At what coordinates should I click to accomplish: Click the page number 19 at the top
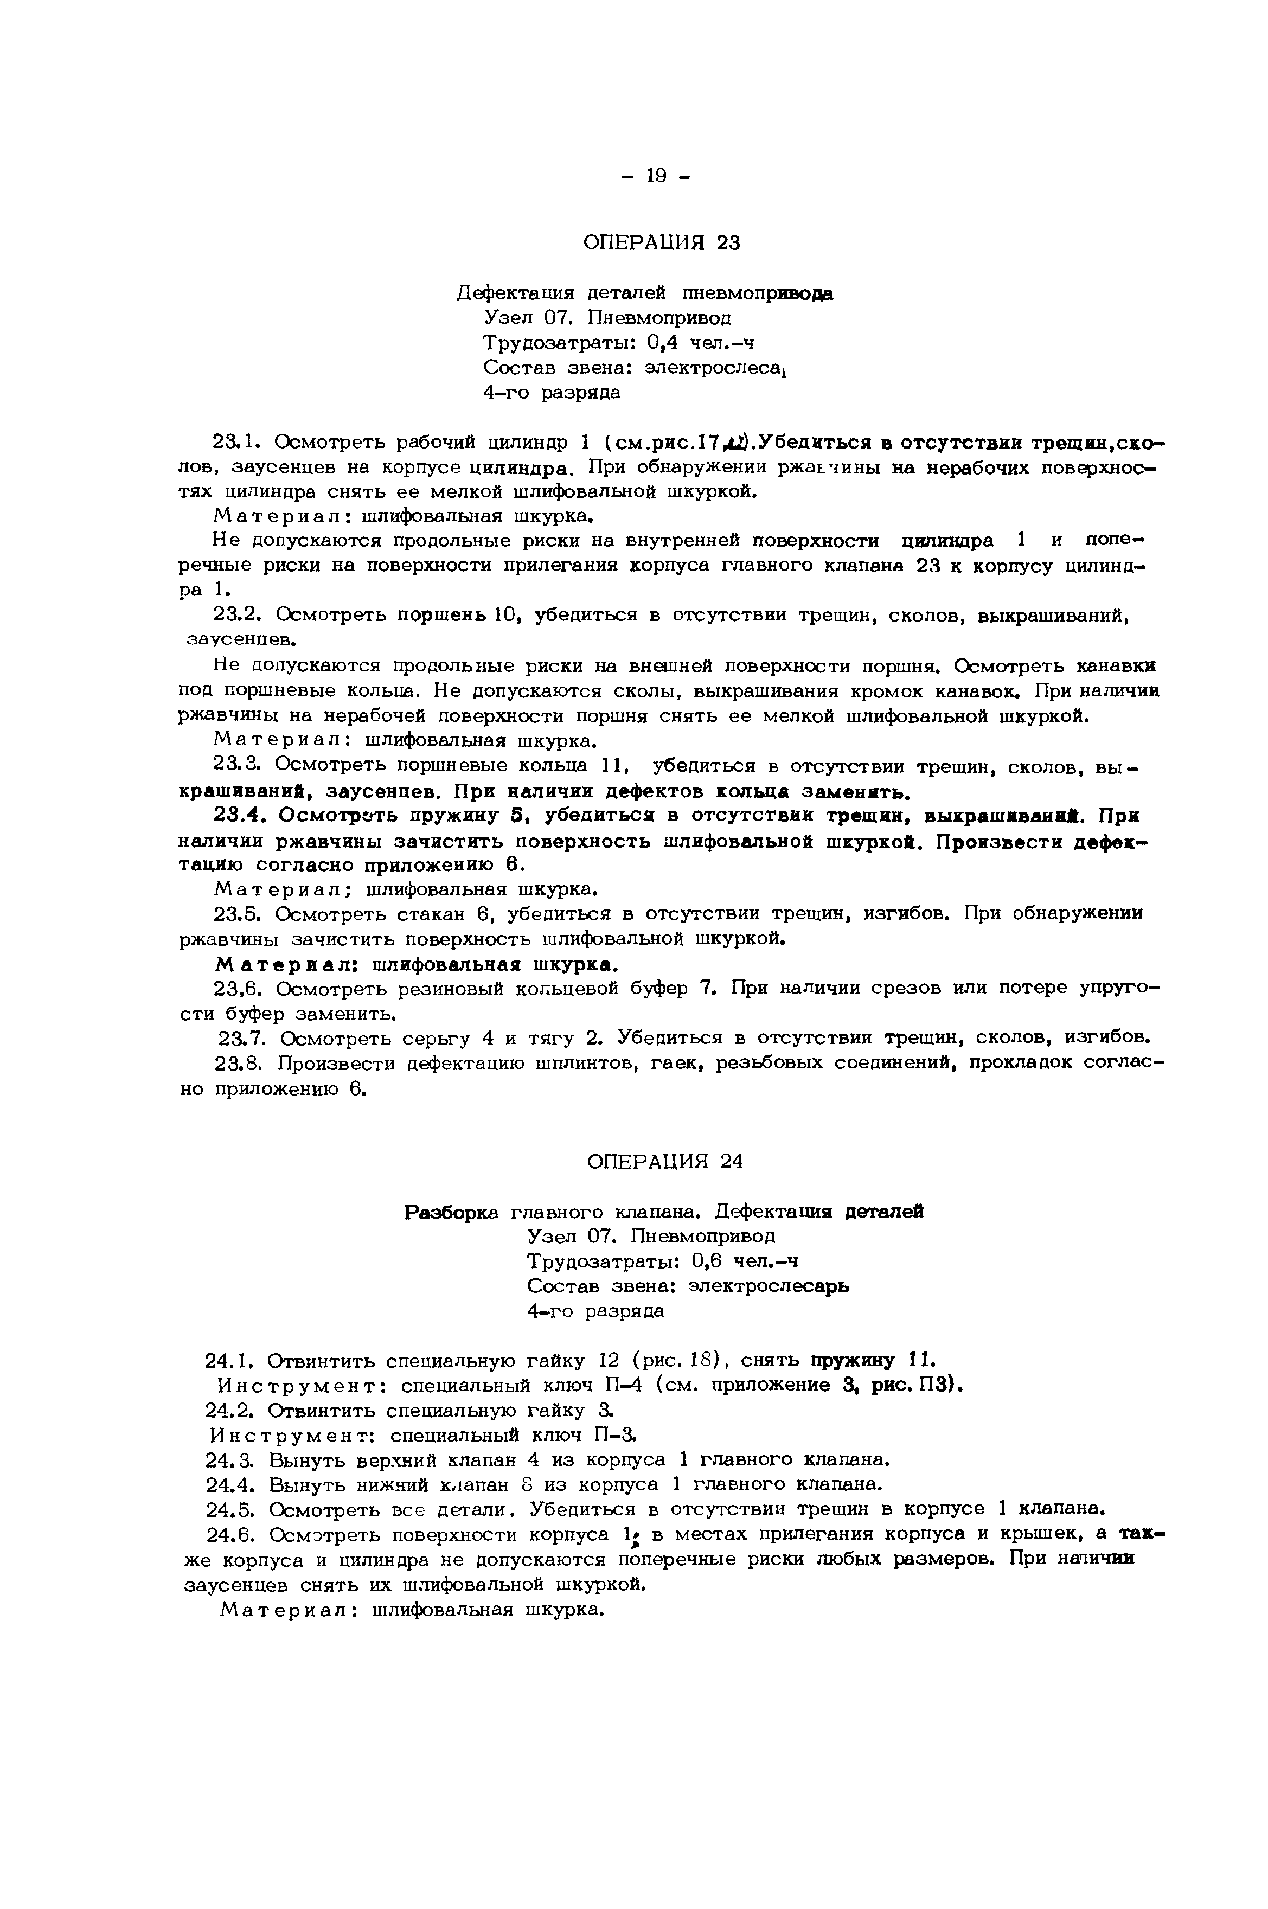point(656,176)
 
